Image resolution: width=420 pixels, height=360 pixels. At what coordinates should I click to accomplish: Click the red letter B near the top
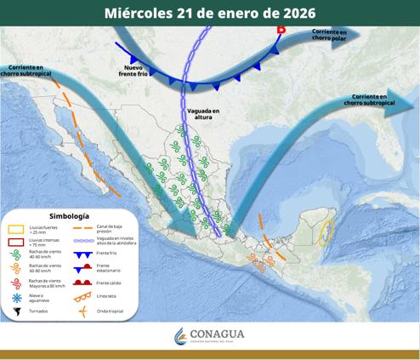coord(281,30)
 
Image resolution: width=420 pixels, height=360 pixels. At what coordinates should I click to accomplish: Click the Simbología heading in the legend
coord(70,216)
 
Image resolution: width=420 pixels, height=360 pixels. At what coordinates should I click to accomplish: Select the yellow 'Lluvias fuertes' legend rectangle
coord(16,228)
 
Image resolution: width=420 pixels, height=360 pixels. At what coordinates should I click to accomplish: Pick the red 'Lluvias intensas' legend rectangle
coord(16,242)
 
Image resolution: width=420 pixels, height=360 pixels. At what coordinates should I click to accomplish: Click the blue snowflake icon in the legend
coord(16,297)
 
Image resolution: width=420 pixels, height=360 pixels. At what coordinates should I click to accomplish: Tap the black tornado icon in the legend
coord(16,311)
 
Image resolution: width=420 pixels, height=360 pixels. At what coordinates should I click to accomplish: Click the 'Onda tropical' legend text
coord(110,311)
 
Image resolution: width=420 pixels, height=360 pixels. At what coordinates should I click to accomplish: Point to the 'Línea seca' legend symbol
coord(83,296)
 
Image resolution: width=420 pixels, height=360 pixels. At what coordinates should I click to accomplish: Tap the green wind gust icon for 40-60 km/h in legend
coord(16,255)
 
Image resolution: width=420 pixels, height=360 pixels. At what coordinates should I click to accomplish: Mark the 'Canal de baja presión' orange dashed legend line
coord(83,227)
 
